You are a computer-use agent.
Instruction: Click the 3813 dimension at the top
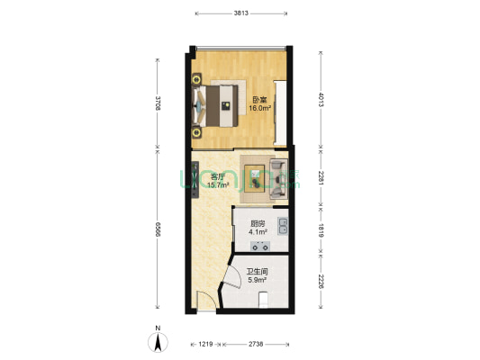tap(241, 13)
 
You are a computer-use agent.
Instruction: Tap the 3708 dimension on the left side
tap(158, 103)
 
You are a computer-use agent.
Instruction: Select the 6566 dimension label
tap(158, 229)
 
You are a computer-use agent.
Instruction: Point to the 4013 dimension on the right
tap(321, 99)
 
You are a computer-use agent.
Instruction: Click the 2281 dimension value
tap(321, 177)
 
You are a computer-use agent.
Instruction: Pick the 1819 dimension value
tap(321, 230)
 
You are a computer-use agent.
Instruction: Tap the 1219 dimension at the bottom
tap(205, 344)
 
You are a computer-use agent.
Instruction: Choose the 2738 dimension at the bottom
tap(256, 344)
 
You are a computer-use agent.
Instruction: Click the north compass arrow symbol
tap(158, 342)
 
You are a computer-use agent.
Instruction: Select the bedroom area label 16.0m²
tap(259, 108)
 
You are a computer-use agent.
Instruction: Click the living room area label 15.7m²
tap(218, 184)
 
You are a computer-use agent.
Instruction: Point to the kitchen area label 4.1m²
tap(258, 232)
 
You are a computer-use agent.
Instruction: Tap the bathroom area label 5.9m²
tap(258, 280)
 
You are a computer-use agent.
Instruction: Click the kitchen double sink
tap(283, 226)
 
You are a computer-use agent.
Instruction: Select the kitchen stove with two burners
tap(260, 246)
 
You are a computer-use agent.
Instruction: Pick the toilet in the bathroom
tap(263, 300)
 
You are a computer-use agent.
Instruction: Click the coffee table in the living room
tap(254, 178)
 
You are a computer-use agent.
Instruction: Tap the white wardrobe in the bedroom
tap(280, 112)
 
